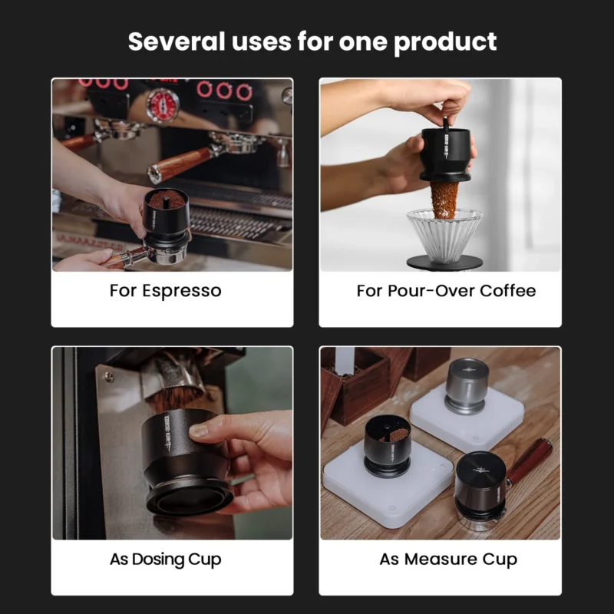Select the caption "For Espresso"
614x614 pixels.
point(165,291)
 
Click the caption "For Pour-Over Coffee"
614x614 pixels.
point(446,291)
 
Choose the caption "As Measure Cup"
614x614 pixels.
point(448,559)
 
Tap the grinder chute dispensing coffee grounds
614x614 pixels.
point(173,376)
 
